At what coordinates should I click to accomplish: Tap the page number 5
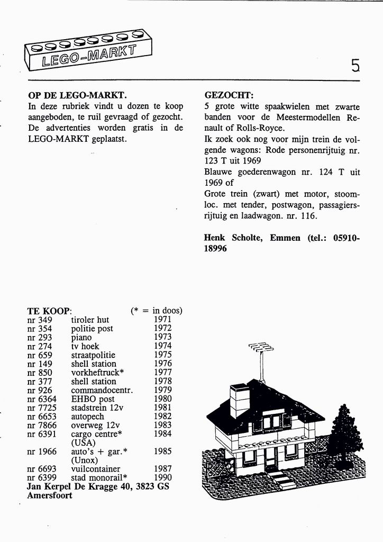355,65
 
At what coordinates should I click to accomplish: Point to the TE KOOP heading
49,311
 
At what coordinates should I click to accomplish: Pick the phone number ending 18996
215,248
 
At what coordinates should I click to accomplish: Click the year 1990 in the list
163,478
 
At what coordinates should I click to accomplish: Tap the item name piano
81,337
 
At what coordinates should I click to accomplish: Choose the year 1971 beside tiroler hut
163,320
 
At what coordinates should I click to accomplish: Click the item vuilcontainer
96,469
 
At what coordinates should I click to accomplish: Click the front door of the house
271,458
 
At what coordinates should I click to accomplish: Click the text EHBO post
93,399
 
